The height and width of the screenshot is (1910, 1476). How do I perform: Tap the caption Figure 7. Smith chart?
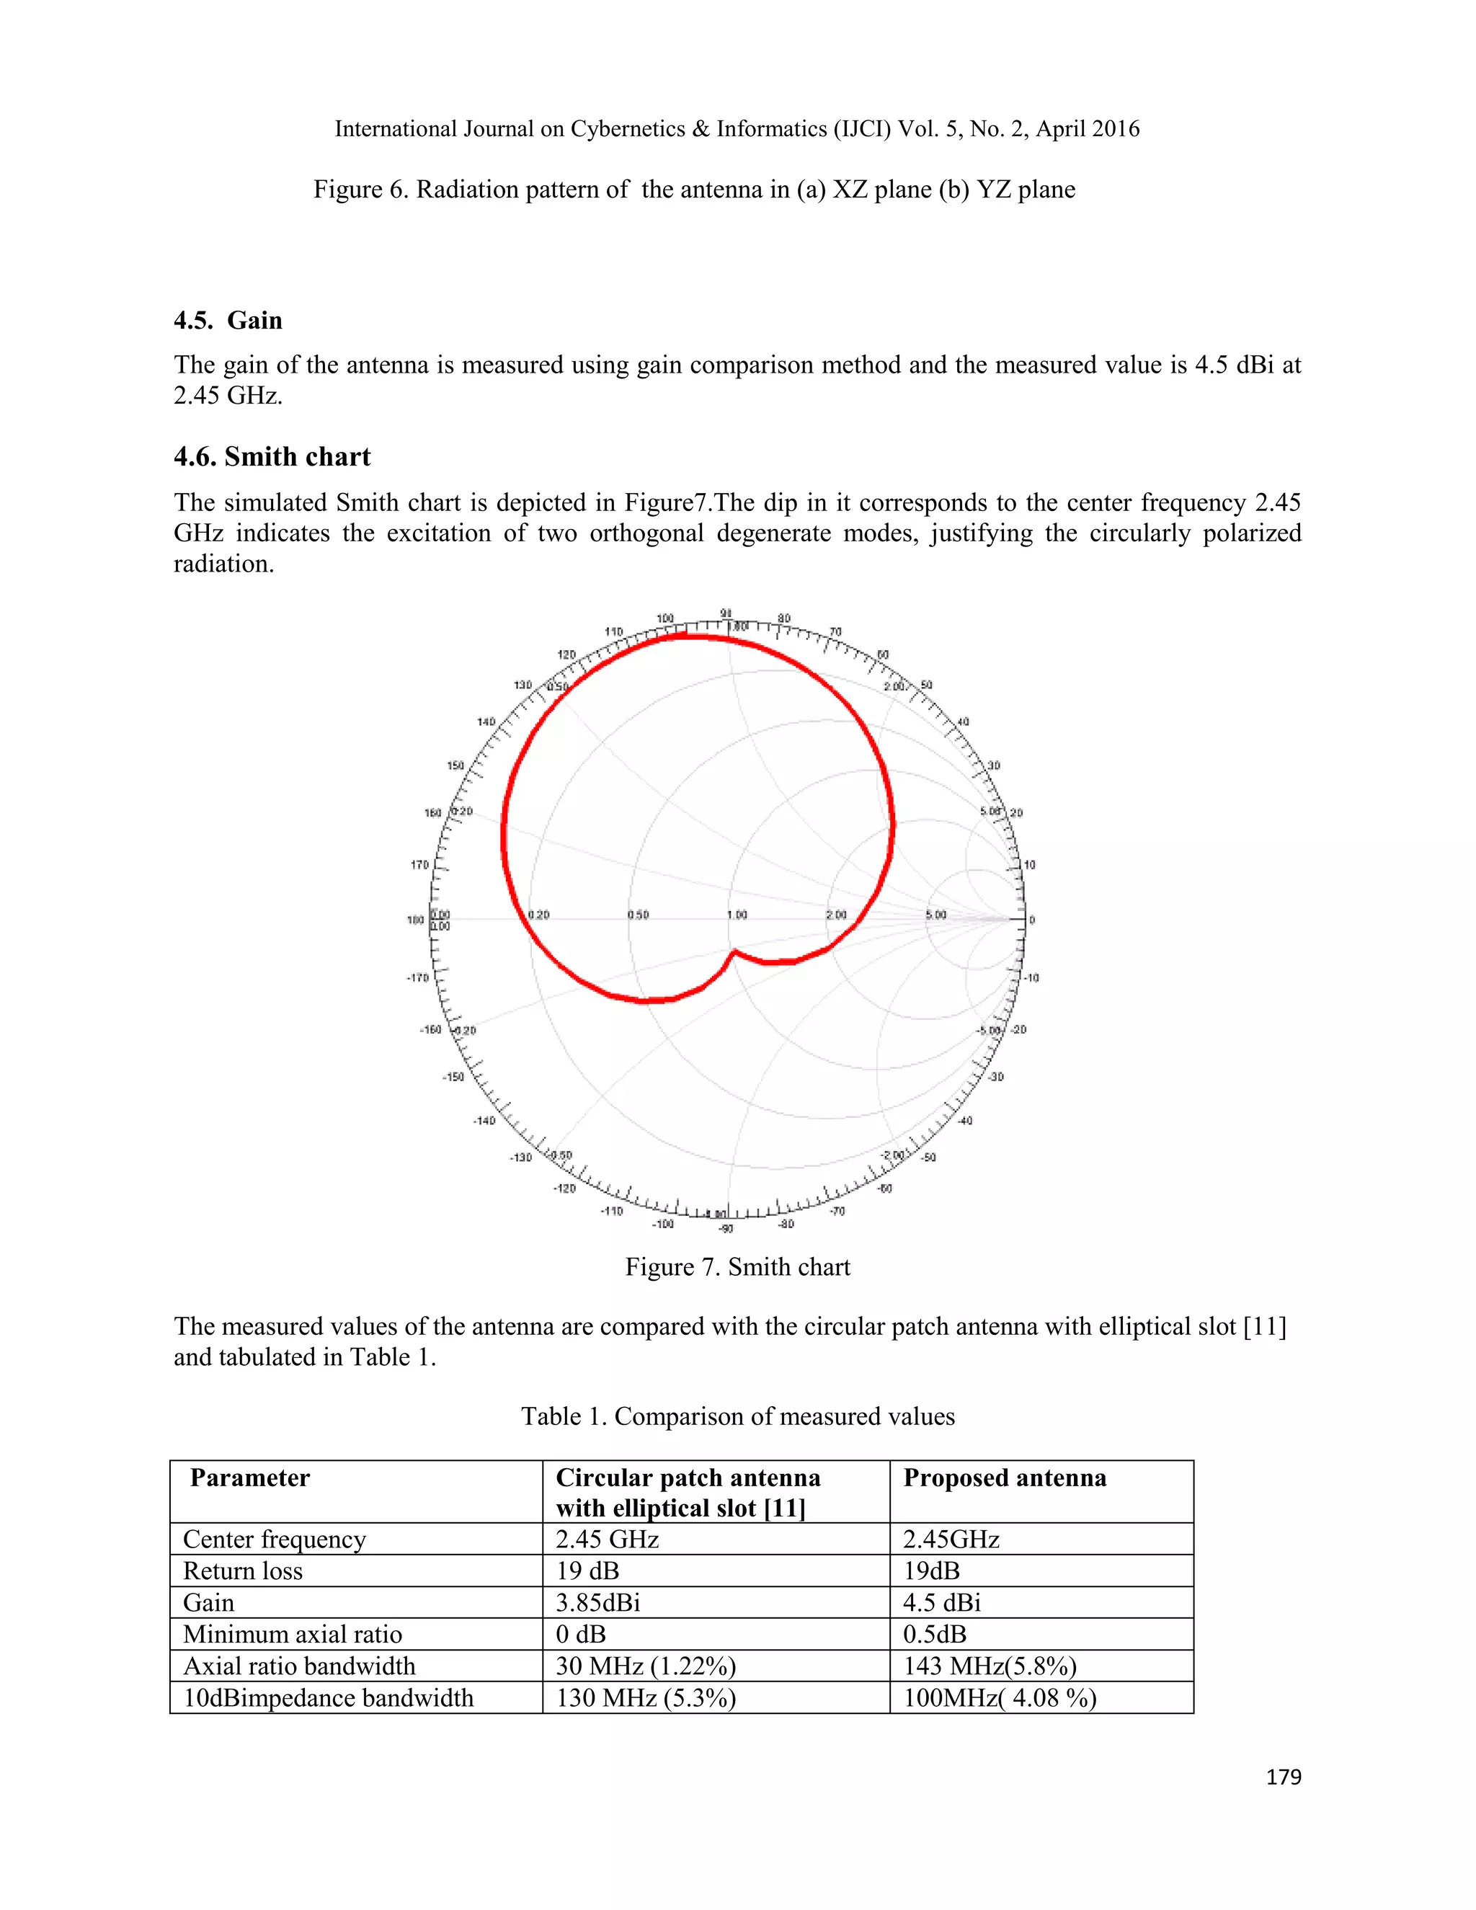[x=737, y=1267]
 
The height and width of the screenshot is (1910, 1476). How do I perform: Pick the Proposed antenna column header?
[x=1004, y=1478]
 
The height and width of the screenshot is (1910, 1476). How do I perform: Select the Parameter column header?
[x=249, y=1478]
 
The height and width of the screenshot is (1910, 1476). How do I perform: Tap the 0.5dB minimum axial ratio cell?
[x=934, y=1634]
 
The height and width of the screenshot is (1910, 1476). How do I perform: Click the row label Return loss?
[x=242, y=1571]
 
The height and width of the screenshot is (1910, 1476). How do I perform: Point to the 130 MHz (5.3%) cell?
[x=645, y=1697]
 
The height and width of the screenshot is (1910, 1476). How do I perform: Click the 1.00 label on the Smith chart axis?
[x=737, y=915]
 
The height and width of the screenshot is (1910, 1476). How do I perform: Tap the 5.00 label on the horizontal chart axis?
[x=935, y=915]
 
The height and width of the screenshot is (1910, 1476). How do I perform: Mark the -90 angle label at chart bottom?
[x=725, y=1230]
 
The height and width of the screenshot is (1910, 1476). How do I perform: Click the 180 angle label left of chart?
[x=414, y=920]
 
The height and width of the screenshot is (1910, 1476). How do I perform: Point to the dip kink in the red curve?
[x=734, y=951]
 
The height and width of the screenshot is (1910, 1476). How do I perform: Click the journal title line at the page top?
[x=737, y=130]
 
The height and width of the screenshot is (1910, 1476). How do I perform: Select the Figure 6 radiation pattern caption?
[x=694, y=190]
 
